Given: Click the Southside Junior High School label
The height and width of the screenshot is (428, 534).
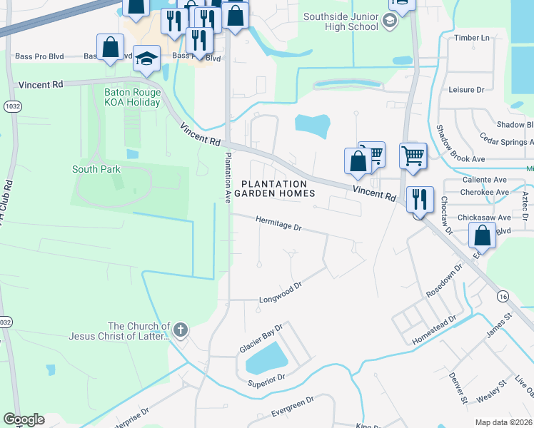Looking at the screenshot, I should tap(340, 21).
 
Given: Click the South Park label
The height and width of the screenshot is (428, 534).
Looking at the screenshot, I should tap(96, 169).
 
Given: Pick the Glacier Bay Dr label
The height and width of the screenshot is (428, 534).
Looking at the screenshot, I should tap(261, 340).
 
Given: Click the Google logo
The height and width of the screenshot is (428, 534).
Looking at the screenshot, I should tap(24, 419).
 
